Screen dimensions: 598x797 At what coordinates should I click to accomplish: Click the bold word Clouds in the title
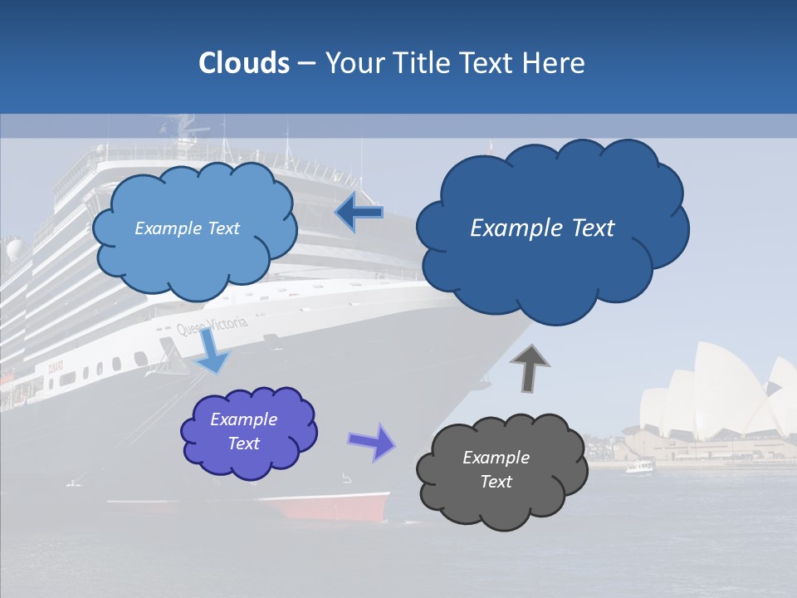pos(244,63)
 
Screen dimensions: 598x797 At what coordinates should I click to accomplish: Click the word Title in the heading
pos(422,63)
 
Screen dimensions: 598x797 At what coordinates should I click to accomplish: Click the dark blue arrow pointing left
pos(359,213)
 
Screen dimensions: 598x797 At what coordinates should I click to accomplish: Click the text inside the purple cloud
pos(244,431)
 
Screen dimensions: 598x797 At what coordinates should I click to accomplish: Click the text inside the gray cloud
pos(496,469)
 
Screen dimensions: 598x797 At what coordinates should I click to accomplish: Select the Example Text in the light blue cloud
pos(188,228)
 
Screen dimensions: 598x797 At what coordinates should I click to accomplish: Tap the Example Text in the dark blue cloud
pos(542,228)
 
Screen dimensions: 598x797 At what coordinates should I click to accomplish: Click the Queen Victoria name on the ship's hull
pos(213,326)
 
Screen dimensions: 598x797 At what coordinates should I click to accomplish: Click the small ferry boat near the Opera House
pos(639,466)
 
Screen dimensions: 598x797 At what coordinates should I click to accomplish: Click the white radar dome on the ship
pos(14,249)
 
